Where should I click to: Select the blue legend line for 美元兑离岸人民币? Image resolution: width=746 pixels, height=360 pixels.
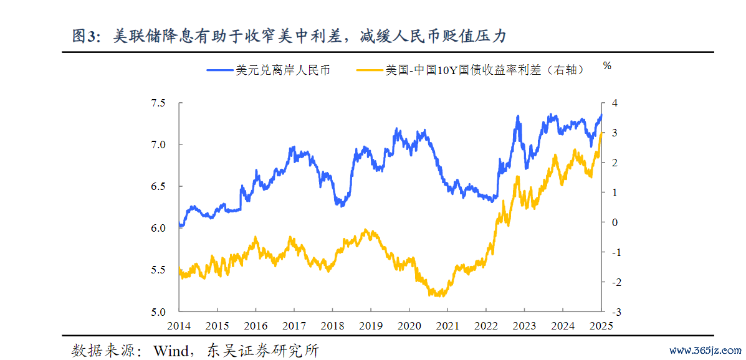click(220, 70)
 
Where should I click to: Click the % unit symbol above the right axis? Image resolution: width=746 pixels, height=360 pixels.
click(608, 65)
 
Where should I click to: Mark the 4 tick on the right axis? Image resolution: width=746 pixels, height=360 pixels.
click(613, 103)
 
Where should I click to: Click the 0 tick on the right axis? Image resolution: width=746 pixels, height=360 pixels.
click(613, 222)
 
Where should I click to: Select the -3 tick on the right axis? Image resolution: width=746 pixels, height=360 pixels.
click(611, 312)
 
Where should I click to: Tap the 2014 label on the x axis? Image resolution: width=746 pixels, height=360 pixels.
click(179, 326)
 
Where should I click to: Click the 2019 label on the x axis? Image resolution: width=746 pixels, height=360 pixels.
click(371, 326)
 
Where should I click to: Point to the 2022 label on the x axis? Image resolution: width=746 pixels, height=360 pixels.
click(486, 326)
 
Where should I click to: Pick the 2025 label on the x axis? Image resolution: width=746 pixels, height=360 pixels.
click(601, 326)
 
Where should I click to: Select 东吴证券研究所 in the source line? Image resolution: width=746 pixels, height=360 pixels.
click(266, 350)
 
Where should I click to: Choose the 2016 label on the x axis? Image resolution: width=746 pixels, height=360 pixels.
click(256, 326)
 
